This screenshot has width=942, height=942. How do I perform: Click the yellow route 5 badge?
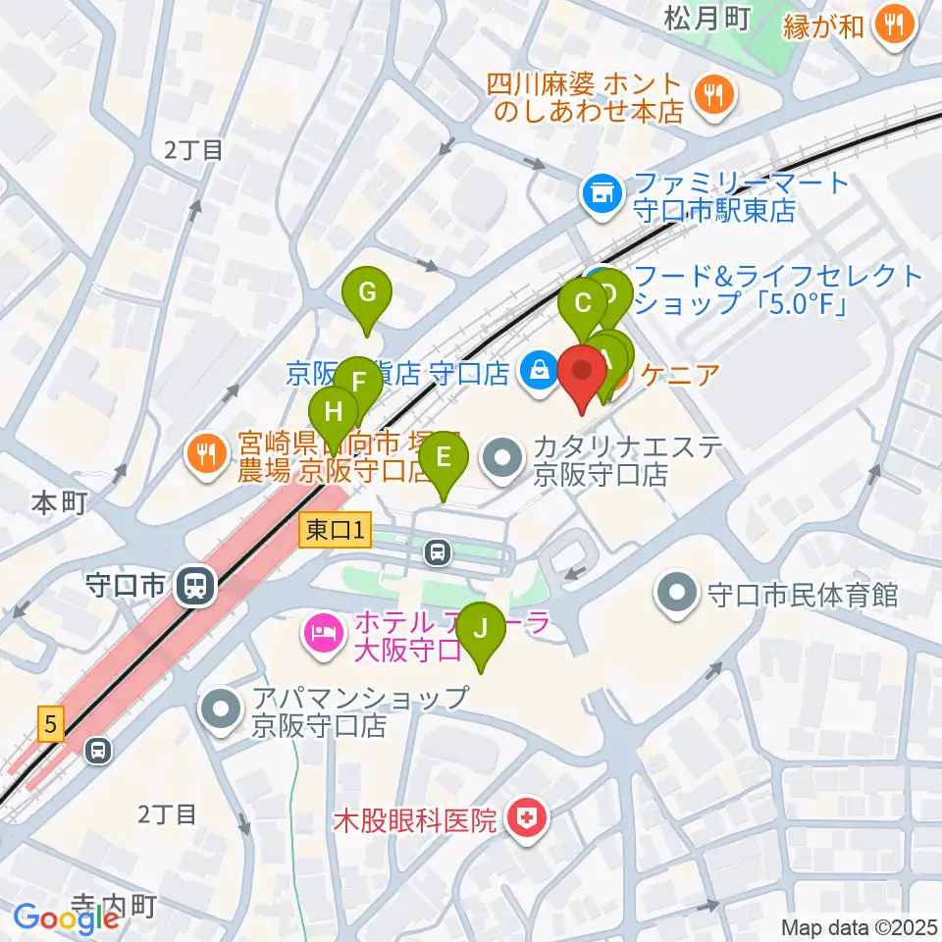click(x=49, y=726)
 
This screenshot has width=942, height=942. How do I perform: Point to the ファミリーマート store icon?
click(x=601, y=194)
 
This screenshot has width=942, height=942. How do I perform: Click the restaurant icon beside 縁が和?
click(x=893, y=24)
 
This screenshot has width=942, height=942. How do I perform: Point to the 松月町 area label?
click(x=706, y=17)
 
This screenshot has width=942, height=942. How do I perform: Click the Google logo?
click(x=67, y=918)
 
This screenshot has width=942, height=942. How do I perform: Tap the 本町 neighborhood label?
click(x=59, y=503)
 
